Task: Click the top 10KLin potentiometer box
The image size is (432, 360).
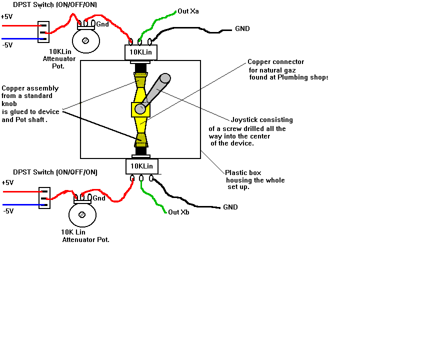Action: click(x=141, y=52)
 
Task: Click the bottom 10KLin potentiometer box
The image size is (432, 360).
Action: click(x=142, y=166)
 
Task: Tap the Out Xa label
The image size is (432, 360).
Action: click(x=187, y=11)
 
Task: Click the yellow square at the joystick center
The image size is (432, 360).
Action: click(x=140, y=109)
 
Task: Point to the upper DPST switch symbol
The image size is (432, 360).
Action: click(x=43, y=31)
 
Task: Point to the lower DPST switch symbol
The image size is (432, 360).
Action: click(x=44, y=198)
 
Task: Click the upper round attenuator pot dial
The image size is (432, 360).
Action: click(x=85, y=41)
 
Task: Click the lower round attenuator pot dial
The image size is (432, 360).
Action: click(x=81, y=214)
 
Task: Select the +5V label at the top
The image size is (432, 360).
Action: click(x=7, y=16)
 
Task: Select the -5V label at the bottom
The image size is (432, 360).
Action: click(x=7, y=211)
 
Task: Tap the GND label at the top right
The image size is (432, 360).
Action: click(x=242, y=29)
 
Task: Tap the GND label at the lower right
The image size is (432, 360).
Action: click(x=230, y=207)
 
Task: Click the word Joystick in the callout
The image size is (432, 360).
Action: click(x=244, y=120)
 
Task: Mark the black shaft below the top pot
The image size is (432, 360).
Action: click(x=141, y=68)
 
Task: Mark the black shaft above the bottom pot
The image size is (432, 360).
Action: click(x=141, y=150)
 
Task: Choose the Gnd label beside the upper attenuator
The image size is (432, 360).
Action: click(x=102, y=24)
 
